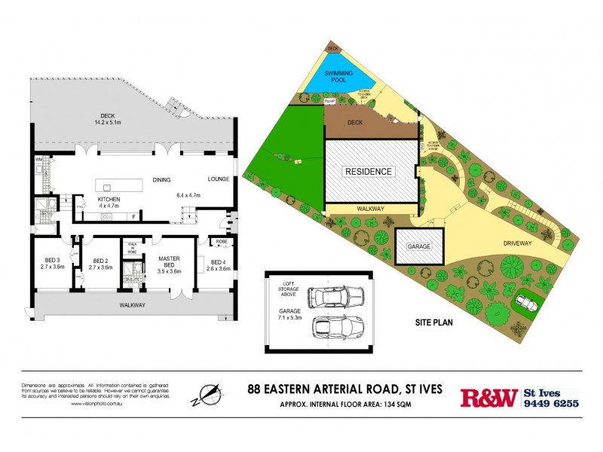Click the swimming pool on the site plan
point(339,78)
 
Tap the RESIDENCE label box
point(369,171)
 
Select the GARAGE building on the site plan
point(419,246)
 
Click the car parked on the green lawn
point(526,303)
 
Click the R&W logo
point(488,397)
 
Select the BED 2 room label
point(99,264)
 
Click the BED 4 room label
point(218,264)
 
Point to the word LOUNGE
point(219,179)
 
